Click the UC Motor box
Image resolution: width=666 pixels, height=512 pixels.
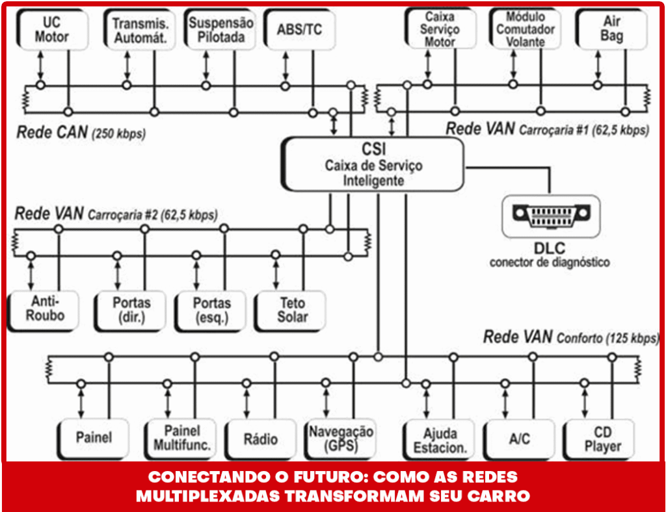tap(47, 29)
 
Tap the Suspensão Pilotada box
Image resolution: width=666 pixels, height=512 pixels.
tap(221, 30)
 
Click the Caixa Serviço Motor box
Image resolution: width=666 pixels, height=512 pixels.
tap(440, 29)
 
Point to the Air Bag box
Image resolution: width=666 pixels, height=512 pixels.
tap(612, 29)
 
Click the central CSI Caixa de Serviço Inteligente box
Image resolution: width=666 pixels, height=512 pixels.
tap(373, 165)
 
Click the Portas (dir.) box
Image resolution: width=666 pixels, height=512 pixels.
tap(131, 310)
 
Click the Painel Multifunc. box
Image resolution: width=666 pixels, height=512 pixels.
tap(182, 439)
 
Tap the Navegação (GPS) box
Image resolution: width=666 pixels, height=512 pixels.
tap(341, 439)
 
